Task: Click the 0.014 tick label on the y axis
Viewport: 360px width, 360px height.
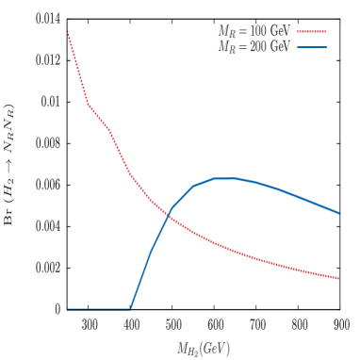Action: (47, 19)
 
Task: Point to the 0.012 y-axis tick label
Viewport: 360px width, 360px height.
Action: (47, 60)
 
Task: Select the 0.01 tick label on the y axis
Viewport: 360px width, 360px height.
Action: (50, 102)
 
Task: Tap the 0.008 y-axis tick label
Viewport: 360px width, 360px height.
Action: (47, 143)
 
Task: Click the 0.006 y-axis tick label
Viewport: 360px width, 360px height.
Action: (47, 185)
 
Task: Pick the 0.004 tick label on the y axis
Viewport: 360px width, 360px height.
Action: (47, 226)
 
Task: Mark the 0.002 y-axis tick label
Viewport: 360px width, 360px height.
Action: (47, 268)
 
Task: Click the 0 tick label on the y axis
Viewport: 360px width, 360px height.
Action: (57, 309)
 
